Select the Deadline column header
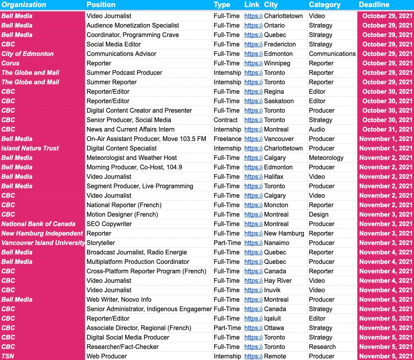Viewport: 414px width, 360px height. [374, 5]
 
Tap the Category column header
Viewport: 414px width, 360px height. [325, 5]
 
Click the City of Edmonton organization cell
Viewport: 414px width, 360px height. [28, 54]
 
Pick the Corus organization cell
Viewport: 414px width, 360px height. [11, 63]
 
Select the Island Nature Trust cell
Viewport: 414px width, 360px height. [30, 148]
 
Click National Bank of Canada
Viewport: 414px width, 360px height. [38, 224]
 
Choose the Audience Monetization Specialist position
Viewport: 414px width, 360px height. [133, 25]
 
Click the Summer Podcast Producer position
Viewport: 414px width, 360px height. [124, 72]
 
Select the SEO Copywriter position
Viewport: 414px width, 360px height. [109, 224]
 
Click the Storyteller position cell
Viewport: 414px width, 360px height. [101, 243]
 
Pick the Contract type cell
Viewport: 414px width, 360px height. [225, 120]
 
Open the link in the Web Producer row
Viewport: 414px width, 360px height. [253, 356]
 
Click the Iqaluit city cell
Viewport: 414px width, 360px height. [272, 318]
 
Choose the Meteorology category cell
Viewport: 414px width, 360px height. [326, 158]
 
